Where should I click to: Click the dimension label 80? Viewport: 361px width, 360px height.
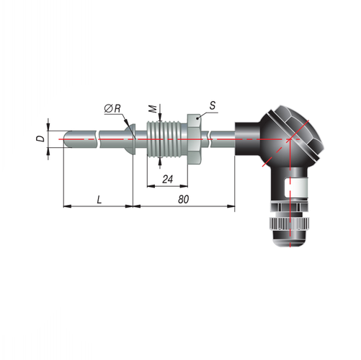click(184, 199)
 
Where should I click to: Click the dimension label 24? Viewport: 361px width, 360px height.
click(167, 180)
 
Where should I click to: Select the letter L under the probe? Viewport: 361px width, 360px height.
click(99, 200)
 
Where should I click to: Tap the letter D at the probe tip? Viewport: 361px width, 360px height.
click(42, 139)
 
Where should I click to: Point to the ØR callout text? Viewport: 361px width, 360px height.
click(112, 109)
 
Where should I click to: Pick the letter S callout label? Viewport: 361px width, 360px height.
click(213, 105)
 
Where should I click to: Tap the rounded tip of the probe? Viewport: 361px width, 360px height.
click(66, 139)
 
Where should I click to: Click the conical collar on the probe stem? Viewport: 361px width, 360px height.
click(130, 139)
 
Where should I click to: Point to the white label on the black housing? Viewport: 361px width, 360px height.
click(296, 188)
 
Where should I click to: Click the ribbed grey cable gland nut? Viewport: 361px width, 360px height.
click(290, 223)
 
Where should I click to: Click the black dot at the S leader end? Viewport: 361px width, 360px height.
click(197, 118)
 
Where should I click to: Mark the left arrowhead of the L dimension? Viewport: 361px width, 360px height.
click(67, 206)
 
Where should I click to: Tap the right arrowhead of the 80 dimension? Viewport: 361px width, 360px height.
click(231, 206)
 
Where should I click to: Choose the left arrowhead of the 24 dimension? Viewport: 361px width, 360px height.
click(151, 186)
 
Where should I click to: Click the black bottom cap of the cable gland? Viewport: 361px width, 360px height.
click(290, 238)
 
